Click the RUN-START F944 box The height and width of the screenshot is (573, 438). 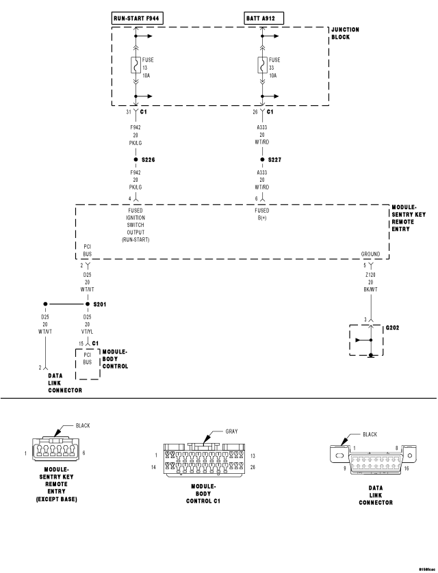click(137, 16)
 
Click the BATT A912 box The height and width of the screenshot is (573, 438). click(262, 16)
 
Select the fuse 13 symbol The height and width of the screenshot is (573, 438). click(136, 66)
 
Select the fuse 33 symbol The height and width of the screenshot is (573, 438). click(261, 66)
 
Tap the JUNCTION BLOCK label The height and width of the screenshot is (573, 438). click(345, 34)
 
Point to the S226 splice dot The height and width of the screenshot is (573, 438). click(136, 159)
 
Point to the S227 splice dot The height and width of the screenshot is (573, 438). click(261, 159)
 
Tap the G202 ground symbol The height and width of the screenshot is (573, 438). click(370, 341)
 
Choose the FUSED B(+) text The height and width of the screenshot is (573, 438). click(261, 214)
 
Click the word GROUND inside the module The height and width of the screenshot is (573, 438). click(370, 254)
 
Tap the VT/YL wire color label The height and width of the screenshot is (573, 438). click(87, 333)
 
